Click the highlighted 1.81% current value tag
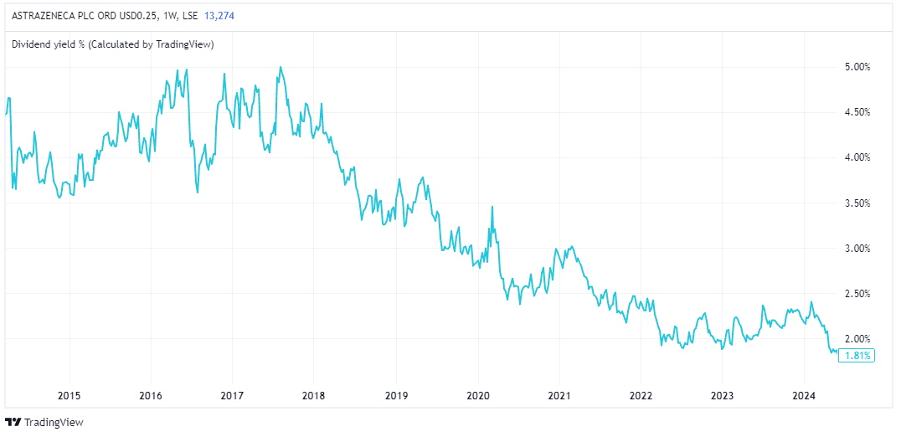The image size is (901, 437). [857, 355]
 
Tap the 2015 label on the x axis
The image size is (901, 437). [69, 395]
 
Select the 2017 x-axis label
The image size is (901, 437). [232, 395]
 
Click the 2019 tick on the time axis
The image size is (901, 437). [396, 395]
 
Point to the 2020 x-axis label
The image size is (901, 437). [477, 395]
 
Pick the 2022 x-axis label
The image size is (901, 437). [641, 395]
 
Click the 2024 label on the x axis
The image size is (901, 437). [804, 395]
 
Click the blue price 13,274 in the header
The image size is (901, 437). [219, 15]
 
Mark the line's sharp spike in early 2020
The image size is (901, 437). [492, 207]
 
